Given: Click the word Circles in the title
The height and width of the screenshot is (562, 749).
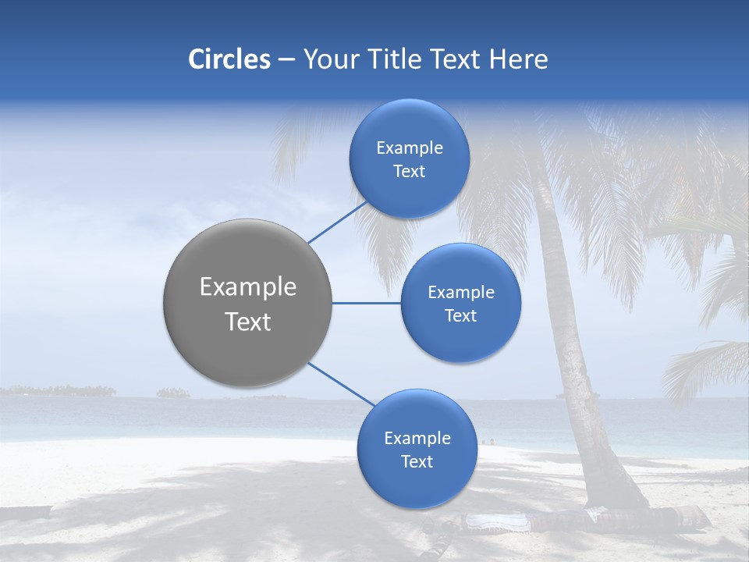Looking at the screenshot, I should point(229,59).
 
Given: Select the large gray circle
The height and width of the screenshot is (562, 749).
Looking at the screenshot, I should point(247,303).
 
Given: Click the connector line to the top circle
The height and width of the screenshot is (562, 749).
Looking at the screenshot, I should point(337,222).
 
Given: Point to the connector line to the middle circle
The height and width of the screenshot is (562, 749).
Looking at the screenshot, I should point(366,303).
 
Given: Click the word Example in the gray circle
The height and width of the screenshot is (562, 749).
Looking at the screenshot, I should point(248,287).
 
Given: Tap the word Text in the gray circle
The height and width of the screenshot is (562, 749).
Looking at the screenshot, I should point(248,322).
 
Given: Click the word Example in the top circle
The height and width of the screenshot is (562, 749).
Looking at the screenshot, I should point(410,148).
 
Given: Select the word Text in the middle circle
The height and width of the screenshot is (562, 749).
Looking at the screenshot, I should point(460,315).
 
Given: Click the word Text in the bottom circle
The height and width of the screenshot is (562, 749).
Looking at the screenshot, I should point(417,461).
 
